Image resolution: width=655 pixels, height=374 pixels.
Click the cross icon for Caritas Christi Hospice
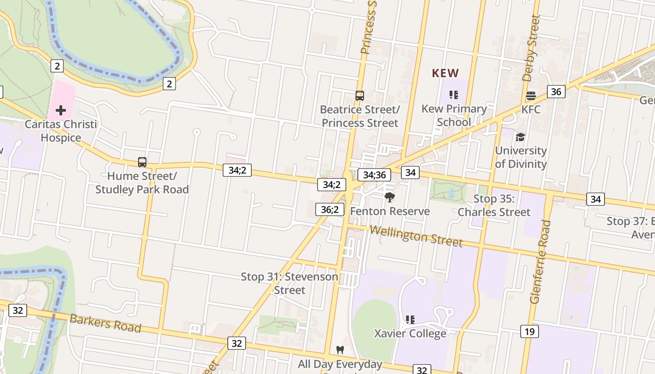click(61, 110)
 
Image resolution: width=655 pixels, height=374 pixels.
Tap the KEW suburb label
click(445, 73)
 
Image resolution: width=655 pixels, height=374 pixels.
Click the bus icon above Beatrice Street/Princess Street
click(359, 96)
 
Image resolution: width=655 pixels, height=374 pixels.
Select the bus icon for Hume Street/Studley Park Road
click(142, 162)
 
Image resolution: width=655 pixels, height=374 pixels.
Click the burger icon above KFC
click(531, 96)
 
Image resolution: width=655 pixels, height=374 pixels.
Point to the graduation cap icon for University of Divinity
click(520, 137)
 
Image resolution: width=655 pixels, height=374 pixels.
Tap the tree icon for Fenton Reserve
click(389, 197)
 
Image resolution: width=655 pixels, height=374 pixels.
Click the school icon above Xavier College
click(410, 320)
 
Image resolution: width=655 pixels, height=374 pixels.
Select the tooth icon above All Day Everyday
click(340, 350)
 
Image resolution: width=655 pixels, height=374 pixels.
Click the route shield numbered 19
click(529, 332)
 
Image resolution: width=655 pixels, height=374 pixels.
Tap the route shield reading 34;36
click(374, 175)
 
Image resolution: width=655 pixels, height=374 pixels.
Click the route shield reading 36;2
click(330, 209)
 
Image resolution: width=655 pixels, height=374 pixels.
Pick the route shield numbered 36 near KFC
click(556, 92)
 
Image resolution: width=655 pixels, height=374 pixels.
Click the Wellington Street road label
click(416, 236)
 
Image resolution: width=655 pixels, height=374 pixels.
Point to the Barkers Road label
click(105, 324)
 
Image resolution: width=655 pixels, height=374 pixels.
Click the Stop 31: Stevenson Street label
click(289, 283)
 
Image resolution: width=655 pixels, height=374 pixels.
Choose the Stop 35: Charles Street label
click(494, 205)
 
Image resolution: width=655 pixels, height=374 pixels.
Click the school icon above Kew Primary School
click(453, 95)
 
